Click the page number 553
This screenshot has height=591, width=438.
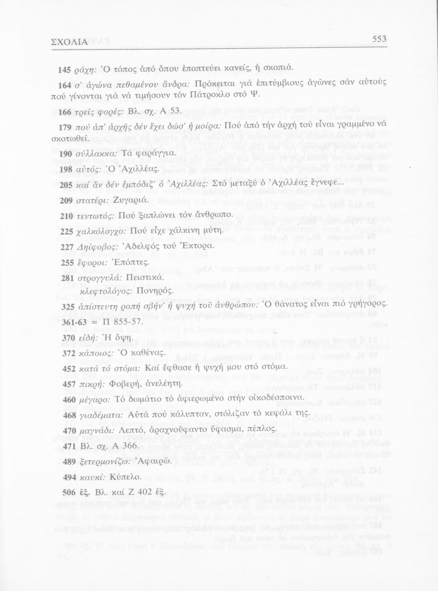[379, 39]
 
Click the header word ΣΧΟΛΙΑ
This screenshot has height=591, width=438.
[70, 41]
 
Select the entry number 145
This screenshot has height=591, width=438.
[64, 70]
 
